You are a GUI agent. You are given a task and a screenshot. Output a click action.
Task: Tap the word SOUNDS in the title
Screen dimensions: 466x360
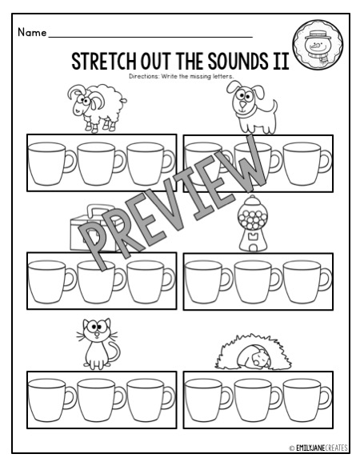coord(242,62)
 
